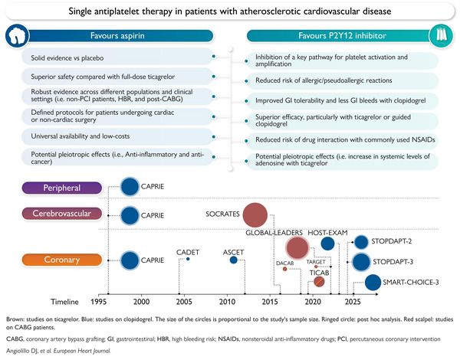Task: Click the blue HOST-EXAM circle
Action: (328, 244)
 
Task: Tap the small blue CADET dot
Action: (188, 260)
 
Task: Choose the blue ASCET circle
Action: (233, 260)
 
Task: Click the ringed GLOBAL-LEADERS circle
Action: (296, 247)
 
